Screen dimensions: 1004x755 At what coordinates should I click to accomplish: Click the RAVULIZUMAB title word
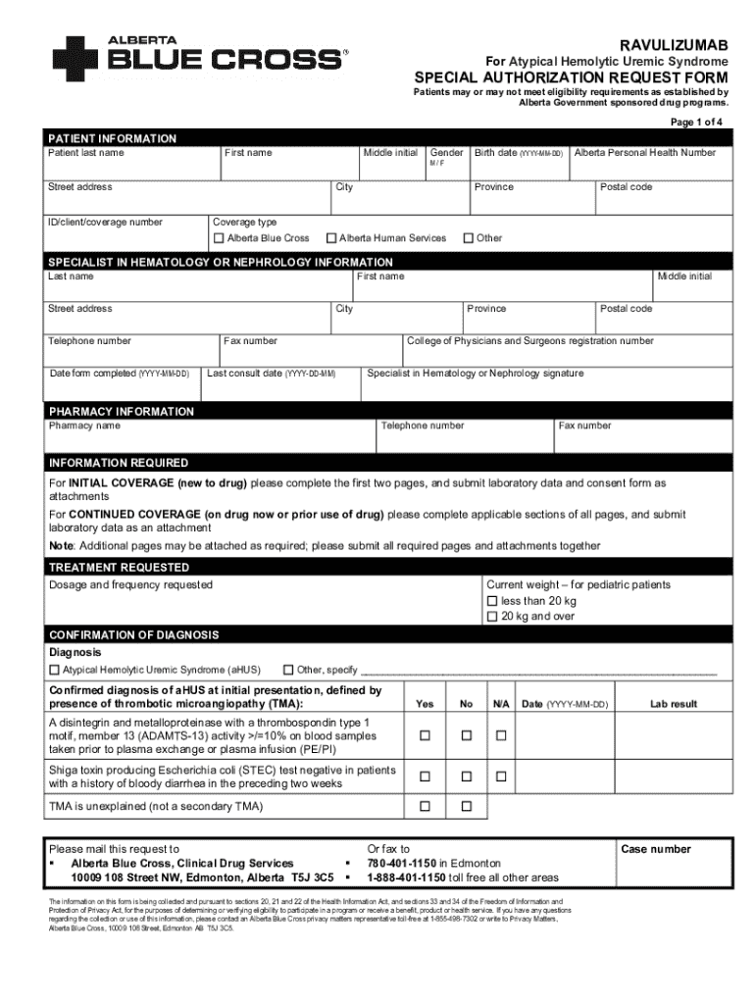tap(674, 45)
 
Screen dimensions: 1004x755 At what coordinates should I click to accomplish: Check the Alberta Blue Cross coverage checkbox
tap(219, 238)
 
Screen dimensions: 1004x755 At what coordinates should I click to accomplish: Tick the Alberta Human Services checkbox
tap(331, 238)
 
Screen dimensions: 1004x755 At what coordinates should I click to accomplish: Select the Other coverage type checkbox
tap(468, 238)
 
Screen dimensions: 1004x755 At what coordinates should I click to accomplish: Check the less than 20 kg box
tap(493, 601)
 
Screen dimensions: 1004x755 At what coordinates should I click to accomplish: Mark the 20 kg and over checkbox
tap(493, 617)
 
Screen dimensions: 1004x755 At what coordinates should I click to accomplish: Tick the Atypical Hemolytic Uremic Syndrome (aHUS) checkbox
tap(54, 671)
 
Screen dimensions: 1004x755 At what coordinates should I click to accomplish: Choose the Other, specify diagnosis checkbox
tap(288, 671)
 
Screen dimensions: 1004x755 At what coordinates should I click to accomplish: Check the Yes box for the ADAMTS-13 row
tap(425, 735)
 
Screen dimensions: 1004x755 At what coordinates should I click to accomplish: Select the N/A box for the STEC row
tap(501, 777)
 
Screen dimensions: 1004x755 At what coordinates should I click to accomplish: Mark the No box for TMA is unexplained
tap(467, 807)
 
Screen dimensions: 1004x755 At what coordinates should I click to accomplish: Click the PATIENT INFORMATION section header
tap(113, 139)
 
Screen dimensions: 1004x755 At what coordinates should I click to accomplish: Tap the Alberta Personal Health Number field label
tap(644, 153)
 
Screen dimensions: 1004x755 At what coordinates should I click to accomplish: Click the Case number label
tap(655, 849)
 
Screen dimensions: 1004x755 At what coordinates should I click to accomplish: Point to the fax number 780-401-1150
tap(402, 864)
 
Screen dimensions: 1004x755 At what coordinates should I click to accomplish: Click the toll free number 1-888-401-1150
tap(406, 878)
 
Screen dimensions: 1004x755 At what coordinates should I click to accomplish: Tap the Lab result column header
tap(673, 704)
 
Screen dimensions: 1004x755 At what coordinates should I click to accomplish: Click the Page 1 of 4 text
tap(696, 122)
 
